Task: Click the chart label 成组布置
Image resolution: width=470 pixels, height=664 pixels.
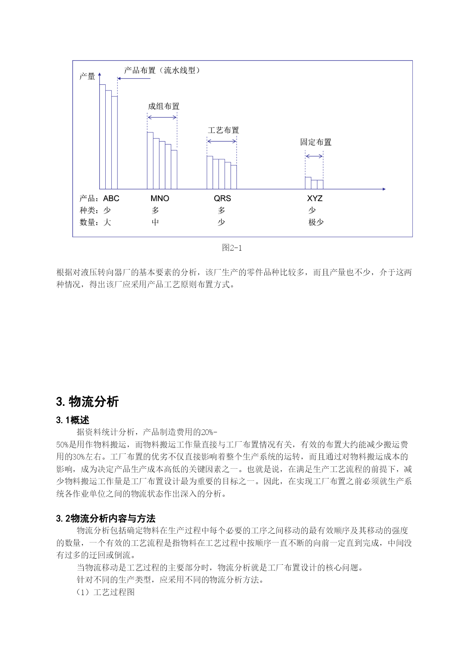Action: click(164, 106)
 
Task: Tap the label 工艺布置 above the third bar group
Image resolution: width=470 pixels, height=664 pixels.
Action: click(223, 130)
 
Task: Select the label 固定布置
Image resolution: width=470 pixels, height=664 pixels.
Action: click(316, 142)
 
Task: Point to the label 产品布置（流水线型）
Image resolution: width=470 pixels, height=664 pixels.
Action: click(162, 70)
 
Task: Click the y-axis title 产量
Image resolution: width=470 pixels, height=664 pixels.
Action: click(87, 76)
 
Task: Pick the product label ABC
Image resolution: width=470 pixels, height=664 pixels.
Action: click(111, 198)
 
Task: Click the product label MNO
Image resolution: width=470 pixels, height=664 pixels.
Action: click(160, 198)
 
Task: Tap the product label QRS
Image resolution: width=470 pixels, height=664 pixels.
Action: click(222, 198)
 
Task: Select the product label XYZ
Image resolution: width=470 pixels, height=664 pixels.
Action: click(315, 198)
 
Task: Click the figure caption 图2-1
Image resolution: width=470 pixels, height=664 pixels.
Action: click(232, 248)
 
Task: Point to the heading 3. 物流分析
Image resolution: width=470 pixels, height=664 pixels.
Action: click(87, 402)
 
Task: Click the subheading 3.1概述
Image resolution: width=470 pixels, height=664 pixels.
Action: click(73, 420)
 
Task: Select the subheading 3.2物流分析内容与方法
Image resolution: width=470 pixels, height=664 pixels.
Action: click(106, 519)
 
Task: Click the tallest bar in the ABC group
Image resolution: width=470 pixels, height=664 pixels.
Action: click(102, 136)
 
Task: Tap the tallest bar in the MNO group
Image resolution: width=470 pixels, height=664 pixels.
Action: click(150, 161)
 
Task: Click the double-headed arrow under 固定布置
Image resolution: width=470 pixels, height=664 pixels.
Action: click(314, 156)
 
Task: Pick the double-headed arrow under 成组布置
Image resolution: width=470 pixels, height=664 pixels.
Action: click(162, 117)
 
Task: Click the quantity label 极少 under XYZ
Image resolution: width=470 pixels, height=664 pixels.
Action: click(316, 222)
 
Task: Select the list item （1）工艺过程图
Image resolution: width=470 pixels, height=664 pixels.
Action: click(106, 592)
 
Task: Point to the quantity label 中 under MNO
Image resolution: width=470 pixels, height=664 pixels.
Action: click(155, 222)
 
